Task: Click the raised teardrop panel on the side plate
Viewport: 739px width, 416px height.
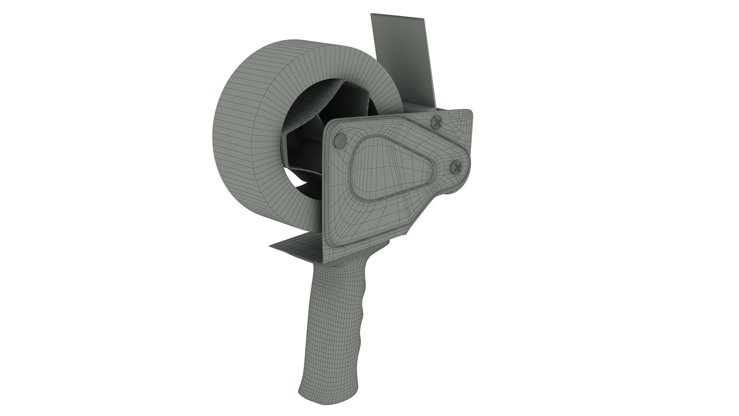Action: pyautogui.click(x=389, y=166)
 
